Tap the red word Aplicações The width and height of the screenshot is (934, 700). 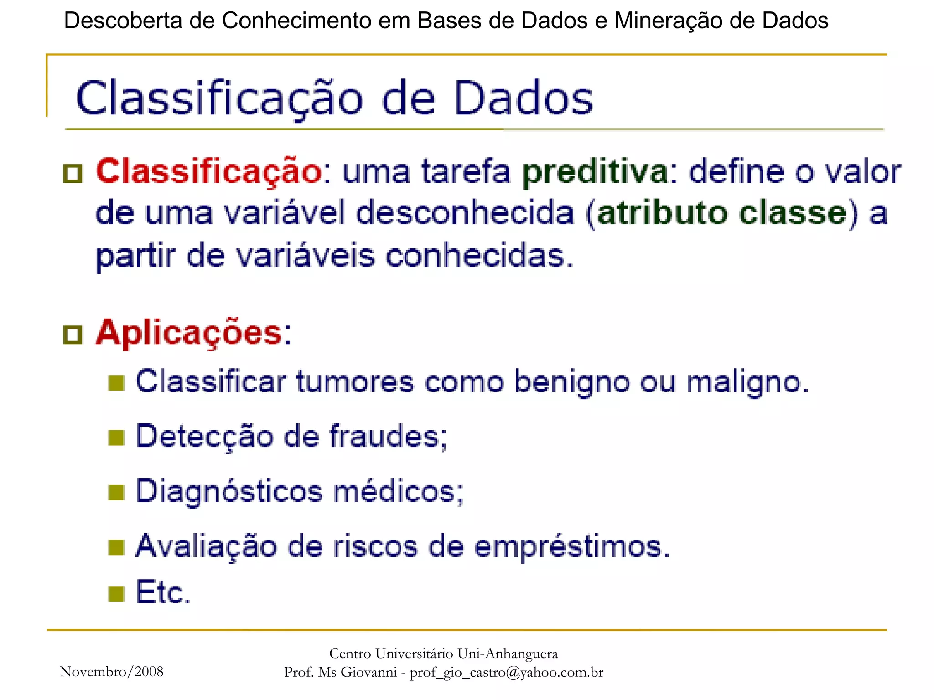(x=189, y=333)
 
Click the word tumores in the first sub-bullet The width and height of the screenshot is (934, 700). (x=355, y=382)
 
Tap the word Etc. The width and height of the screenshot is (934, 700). (x=163, y=592)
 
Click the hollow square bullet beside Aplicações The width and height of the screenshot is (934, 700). (x=73, y=335)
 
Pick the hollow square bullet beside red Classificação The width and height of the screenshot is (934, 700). (x=73, y=174)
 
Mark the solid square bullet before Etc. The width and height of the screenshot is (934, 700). (x=116, y=594)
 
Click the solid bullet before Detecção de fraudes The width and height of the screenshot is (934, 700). (x=116, y=438)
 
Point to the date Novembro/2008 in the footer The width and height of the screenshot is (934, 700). (x=112, y=672)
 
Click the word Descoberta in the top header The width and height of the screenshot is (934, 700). (x=123, y=21)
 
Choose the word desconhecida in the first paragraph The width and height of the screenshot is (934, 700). (x=464, y=213)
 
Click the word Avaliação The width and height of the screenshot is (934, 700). (x=206, y=546)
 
